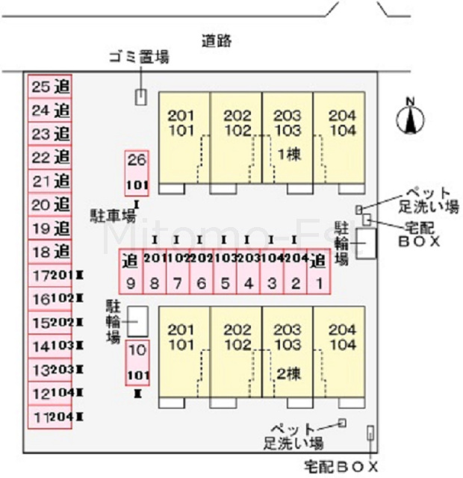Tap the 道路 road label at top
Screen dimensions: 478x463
click(217, 41)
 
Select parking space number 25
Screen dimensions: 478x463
click(51, 87)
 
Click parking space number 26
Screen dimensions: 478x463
click(137, 171)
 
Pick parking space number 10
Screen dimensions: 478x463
click(137, 361)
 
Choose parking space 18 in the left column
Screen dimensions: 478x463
click(51, 251)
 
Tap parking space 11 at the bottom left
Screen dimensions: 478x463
click(51, 417)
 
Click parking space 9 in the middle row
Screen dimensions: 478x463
click(131, 272)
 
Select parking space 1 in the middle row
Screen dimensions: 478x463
click(318, 272)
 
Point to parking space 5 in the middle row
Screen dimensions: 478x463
click(224, 272)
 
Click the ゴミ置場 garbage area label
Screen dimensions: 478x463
click(138, 57)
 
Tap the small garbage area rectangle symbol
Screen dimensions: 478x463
click(140, 96)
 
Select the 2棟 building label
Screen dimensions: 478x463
click(287, 374)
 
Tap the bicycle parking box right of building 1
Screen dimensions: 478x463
click(366, 243)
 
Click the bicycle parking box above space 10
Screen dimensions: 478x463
click(137, 320)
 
